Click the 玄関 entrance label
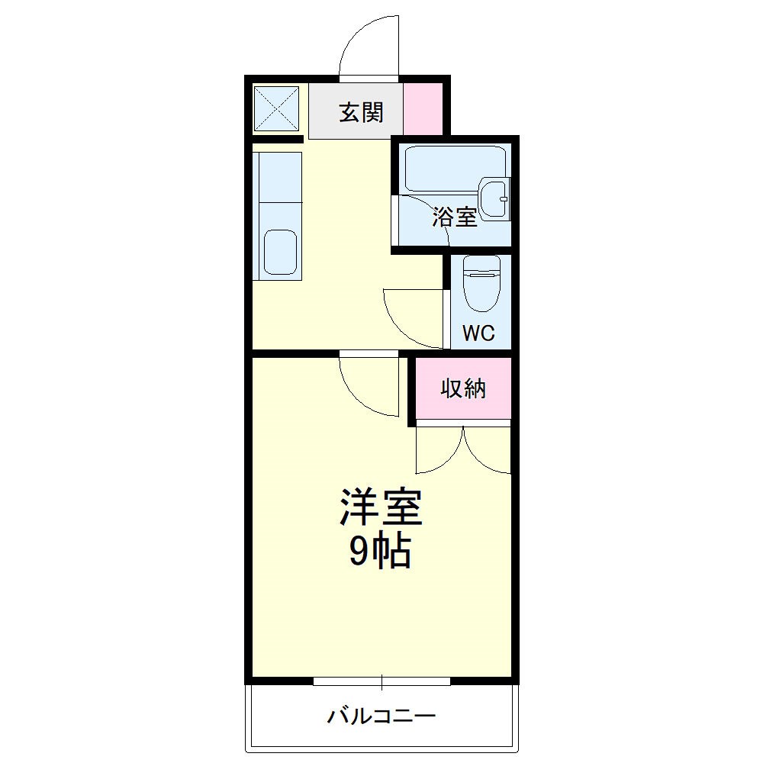[x=361, y=113]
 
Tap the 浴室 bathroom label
[x=455, y=217]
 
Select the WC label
[x=479, y=333]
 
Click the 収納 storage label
[x=463, y=389]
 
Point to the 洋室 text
[x=381, y=507]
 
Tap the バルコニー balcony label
[x=381, y=716]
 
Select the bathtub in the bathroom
[x=455, y=168]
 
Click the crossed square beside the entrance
[x=276, y=109]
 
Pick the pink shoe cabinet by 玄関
[x=422, y=108]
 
